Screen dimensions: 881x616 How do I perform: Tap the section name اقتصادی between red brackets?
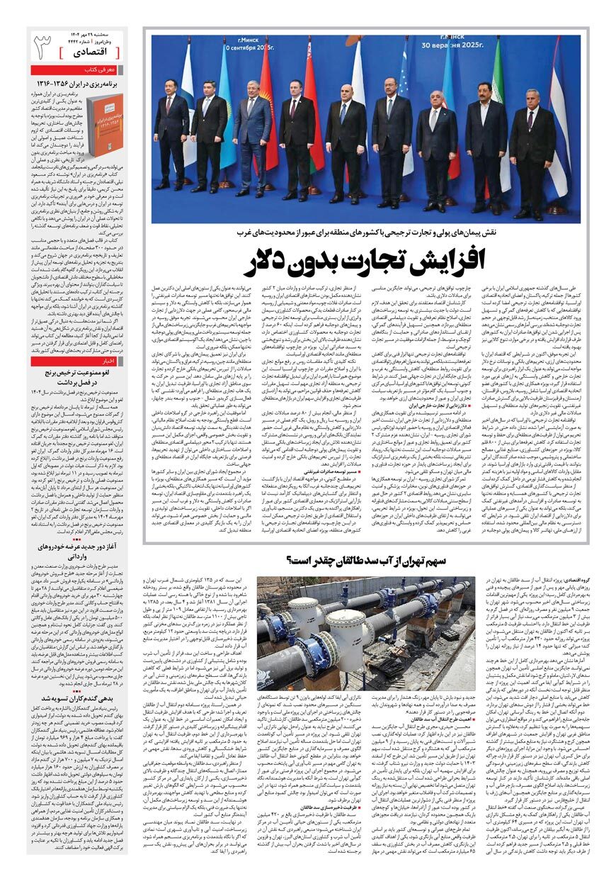(x=89, y=52)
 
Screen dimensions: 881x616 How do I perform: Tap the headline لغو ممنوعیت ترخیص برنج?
(x=79, y=371)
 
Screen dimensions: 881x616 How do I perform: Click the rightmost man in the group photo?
(x=530, y=152)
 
